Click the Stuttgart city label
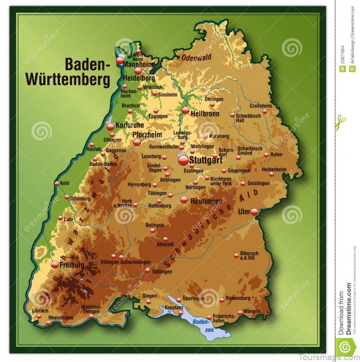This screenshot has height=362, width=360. point(206,160)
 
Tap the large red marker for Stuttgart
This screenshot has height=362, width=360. point(183,160)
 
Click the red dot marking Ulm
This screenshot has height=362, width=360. point(254,212)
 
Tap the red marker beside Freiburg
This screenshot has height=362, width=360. point(55,265)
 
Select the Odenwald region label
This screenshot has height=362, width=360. point(196,57)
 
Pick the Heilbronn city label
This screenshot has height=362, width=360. point(205,114)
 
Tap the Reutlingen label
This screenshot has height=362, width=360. point(207,201)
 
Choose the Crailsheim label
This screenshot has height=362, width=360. point(261,106)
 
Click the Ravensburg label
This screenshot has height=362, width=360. point(238,298)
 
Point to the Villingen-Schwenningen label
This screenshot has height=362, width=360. point(125,262)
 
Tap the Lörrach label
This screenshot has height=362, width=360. point(40,311)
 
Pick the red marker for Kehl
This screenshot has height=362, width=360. point(56,184)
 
